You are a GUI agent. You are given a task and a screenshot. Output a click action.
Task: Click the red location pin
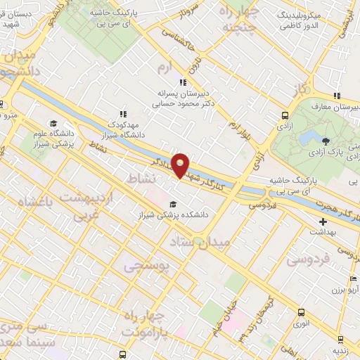(x=181, y=165)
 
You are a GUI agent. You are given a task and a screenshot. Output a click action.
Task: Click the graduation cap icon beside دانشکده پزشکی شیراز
(x=173, y=205)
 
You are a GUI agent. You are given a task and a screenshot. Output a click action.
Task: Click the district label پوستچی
(x=146, y=267)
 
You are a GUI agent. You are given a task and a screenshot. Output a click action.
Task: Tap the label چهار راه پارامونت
(x=148, y=323)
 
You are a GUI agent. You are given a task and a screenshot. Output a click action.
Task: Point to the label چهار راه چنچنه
(x=240, y=20)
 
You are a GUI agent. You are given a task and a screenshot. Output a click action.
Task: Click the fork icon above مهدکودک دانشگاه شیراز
(x=123, y=113)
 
